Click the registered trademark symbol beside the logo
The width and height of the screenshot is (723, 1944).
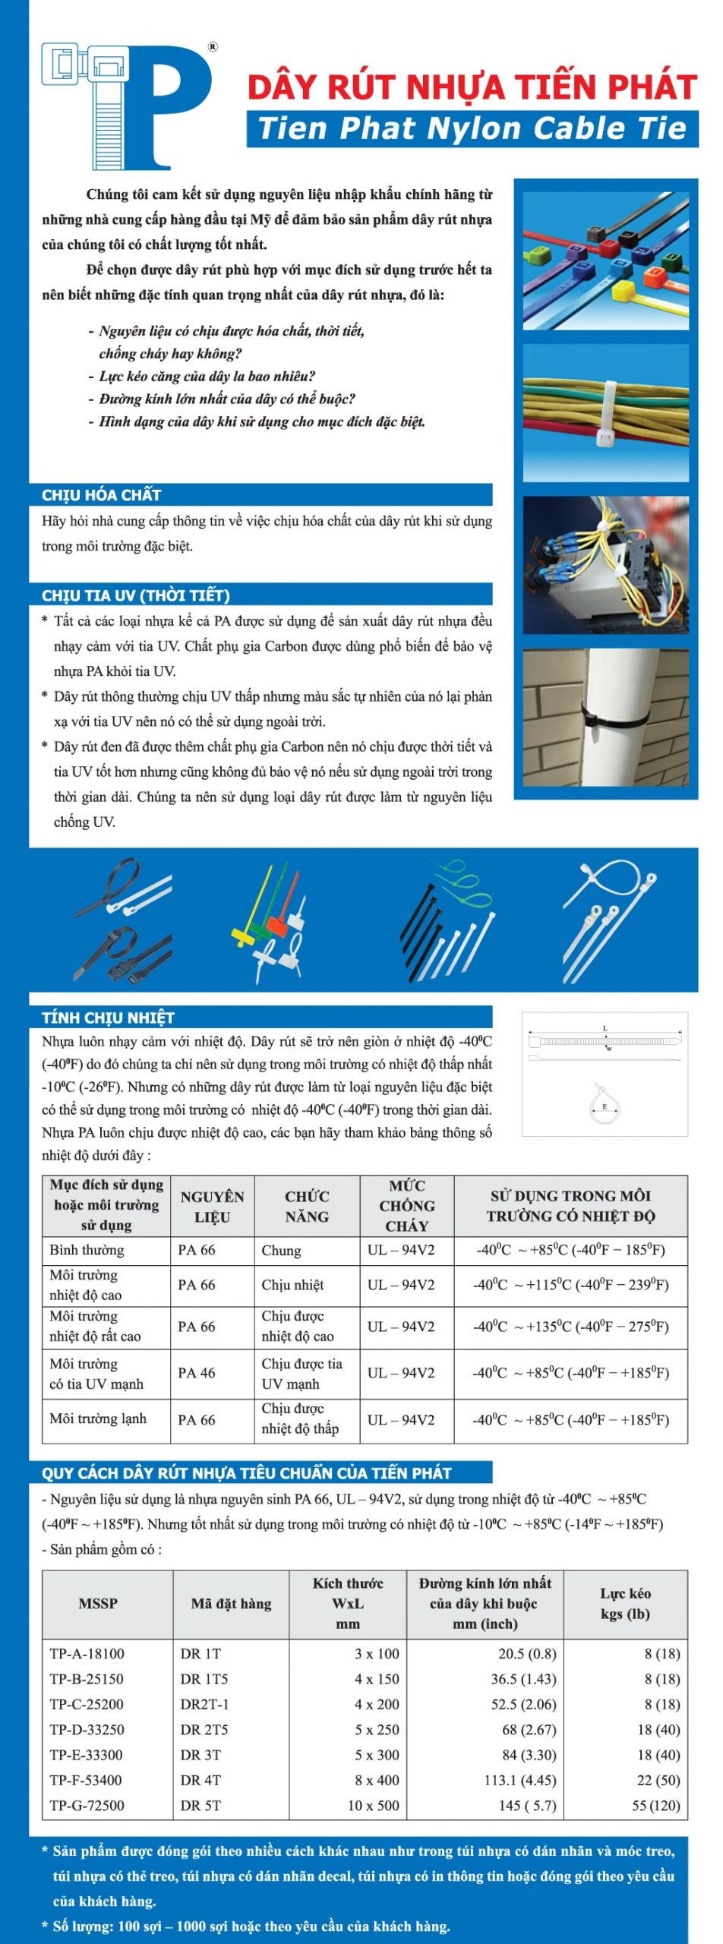point(213,47)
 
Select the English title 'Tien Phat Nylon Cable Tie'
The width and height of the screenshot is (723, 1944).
point(472,128)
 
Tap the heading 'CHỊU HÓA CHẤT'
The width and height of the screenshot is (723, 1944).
point(101,495)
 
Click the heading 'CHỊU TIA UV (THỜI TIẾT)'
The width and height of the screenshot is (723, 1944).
point(135,595)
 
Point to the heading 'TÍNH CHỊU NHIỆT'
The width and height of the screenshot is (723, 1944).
point(108,1018)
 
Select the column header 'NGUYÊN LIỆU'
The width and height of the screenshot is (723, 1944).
point(212,1206)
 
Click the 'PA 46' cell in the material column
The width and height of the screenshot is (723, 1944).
point(197,1372)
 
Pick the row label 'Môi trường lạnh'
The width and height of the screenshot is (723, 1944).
point(98,1419)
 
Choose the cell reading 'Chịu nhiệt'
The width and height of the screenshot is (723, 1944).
point(292,1285)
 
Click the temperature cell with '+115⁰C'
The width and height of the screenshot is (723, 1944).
point(570,1285)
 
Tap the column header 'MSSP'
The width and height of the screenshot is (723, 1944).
point(98,1603)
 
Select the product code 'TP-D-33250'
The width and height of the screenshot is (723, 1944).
point(87,1729)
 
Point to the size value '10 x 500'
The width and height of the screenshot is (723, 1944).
point(373,1805)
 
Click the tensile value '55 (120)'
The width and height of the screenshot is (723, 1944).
point(655,1805)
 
